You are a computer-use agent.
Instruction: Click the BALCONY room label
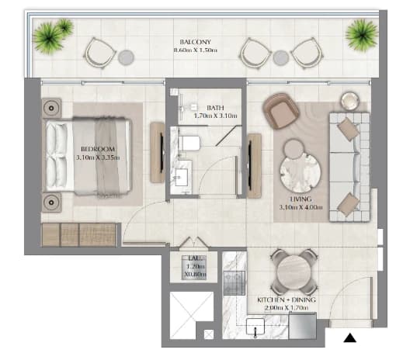(196, 42)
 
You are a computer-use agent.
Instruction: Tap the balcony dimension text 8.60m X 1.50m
(196, 50)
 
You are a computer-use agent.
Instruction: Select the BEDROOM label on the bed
(98, 149)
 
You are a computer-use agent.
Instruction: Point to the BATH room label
(215, 108)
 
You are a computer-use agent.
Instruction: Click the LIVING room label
(301, 199)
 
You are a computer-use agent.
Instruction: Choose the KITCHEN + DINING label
(287, 300)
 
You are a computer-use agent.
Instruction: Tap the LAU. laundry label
(193, 258)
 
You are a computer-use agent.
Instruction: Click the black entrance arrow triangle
(350, 337)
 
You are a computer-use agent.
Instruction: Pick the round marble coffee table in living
(301, 171)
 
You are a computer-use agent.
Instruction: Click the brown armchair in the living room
(281, 111)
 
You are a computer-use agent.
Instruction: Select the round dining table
(294, 272)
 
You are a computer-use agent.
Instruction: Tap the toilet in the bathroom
(189, 144)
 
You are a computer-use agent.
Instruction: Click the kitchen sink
(255, 327)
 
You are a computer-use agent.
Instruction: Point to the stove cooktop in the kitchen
(235, 283)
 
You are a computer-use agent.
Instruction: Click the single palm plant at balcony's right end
(362, 34)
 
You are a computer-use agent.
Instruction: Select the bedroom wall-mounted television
(162, 153)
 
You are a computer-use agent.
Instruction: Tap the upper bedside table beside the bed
(52, 108)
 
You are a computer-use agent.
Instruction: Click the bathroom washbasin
(182, 177)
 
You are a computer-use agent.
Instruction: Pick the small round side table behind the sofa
(349, 101)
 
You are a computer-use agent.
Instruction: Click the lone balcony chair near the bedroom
(100, 54)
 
